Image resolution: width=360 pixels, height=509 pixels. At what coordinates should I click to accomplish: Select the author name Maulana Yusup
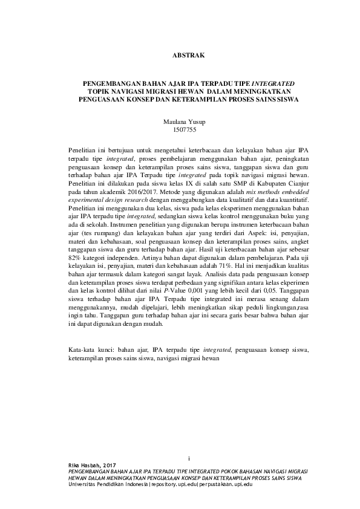[181, 122]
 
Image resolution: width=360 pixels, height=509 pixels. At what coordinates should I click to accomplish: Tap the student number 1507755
[181, 129]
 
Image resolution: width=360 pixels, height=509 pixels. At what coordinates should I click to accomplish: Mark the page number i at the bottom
[189, 458]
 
